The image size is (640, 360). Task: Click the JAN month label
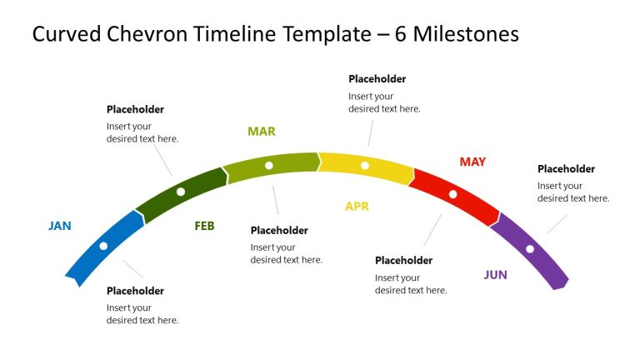pos(60,226)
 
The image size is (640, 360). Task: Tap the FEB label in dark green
pos(204,226)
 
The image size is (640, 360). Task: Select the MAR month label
pos(261,132)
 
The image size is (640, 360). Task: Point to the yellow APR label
pos(357,207)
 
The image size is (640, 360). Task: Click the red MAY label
pos(472,162)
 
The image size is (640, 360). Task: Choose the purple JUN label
pos(495,275)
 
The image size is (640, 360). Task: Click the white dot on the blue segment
pos(103,246)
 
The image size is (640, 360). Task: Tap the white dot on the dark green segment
pos(181,192)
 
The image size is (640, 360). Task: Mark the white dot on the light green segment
pos(268,165)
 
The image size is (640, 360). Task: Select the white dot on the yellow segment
pos(364,166)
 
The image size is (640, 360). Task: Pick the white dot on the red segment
pos(453,194)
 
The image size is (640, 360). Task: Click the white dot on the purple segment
pos(529,248)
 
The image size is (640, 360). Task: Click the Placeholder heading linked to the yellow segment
pos(377,79)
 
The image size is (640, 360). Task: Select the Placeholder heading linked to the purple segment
pos(566,169)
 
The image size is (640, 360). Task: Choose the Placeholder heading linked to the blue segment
pos(135,291)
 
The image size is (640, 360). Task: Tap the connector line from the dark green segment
pos(161,162)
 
